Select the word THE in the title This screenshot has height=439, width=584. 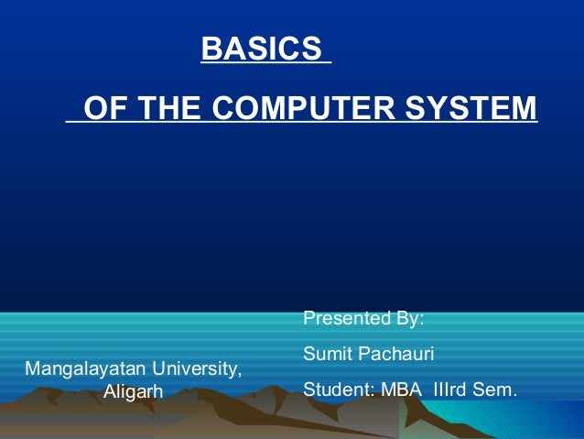[171, 109]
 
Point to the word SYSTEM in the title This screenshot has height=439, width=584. [470, 109]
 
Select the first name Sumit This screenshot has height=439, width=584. [325, 354]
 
